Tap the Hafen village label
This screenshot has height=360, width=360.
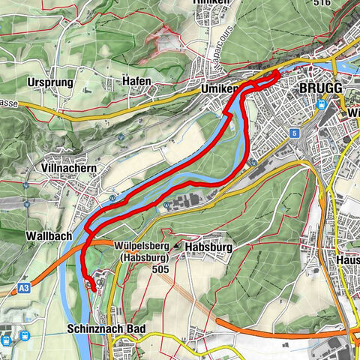(x=138, y=81)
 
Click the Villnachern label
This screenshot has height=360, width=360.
(x=70, y=169)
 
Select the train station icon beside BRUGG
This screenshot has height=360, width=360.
(x=321, y=106)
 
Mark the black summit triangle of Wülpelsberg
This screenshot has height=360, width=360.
(x=177, y=245)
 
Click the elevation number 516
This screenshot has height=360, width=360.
(x=346, y=3)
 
